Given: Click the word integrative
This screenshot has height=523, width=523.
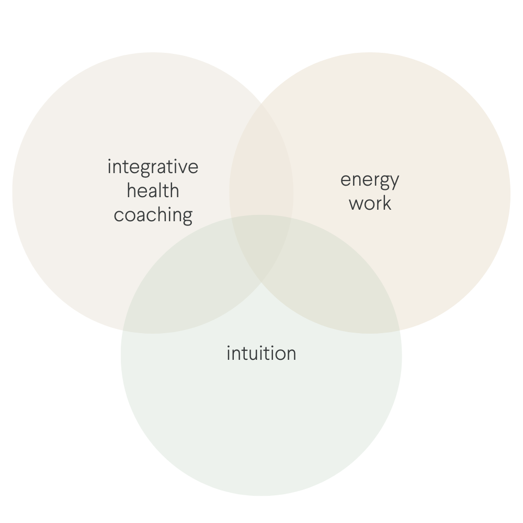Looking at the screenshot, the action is point(153,167).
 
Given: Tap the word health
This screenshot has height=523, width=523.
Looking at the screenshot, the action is point(153,191).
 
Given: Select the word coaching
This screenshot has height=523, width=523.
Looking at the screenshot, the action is point(153,215).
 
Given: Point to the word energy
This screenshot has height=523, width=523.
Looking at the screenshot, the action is point(369,180).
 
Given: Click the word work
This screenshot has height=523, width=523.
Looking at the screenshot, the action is point(370,203).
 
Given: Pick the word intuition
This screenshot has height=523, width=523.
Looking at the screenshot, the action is point(261,354).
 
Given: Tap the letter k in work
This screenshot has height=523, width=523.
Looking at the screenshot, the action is point(386,203).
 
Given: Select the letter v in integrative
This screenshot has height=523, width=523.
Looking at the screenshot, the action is point(184,167).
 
